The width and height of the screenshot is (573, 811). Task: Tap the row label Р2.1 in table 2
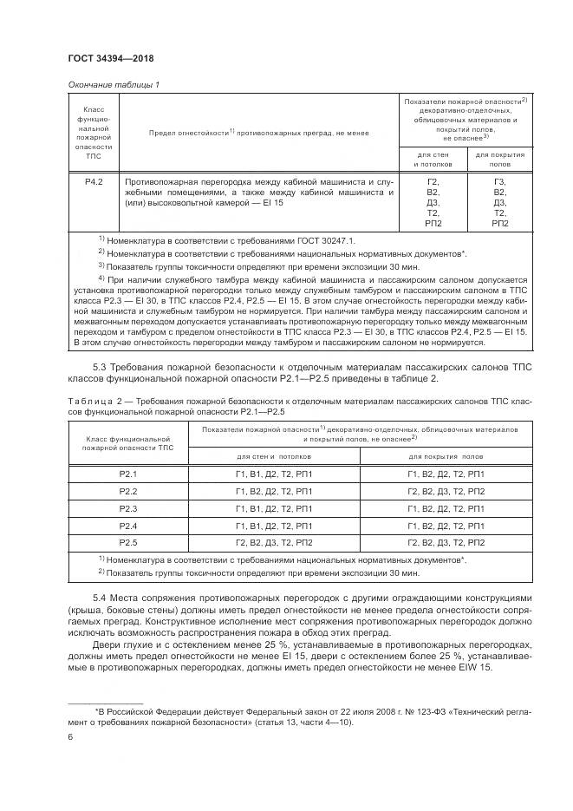click(x=128, y=474)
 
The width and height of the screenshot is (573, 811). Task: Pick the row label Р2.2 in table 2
click(x=128, y=491)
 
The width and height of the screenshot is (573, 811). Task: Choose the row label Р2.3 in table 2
click(x=128, y=508)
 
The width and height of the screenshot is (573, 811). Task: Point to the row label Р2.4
click(x=128, y=526)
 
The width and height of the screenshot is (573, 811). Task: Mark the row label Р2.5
click(x=128, y=543)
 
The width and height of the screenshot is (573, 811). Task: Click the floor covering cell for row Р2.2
click(x=446, y=491)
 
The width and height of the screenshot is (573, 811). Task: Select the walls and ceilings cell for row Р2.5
click(x=273, y=543)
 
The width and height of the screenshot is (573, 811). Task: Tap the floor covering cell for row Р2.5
click(x=446, y=543)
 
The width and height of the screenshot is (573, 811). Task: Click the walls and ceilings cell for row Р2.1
click(x=273, y=474)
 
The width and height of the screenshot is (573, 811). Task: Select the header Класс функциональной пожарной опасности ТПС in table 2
click(x=128, y=442)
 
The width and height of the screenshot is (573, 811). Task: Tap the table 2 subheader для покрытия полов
click(x=446, y=456)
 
